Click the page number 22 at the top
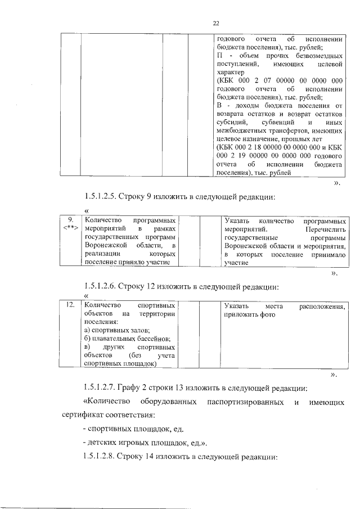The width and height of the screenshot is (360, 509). [x=215, y=23]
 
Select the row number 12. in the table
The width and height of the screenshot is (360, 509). [x=70, y=304]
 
